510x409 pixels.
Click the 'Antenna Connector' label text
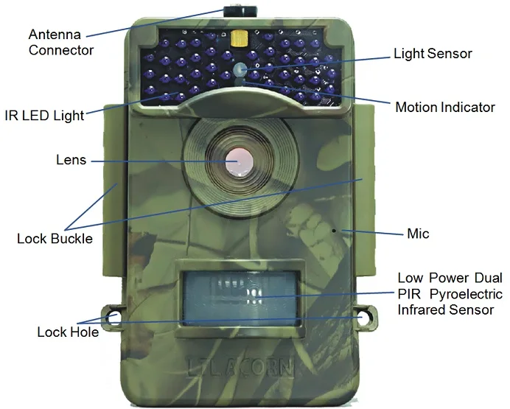pyautogui.click(x=60, y=42)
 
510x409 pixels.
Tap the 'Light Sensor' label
pyautogui.click(x=432, y=53)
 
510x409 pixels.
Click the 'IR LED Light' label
pyautogui.click(x=44, y=115)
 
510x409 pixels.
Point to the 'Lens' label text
pyautogui.click(x=71, y=159)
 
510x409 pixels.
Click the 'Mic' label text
pyautogui.click(x=418, y=234)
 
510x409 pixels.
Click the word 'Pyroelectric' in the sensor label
pyautogui.click(x=465, y=294)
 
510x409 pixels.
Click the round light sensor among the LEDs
pyautogui.click(x=241, y=69)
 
